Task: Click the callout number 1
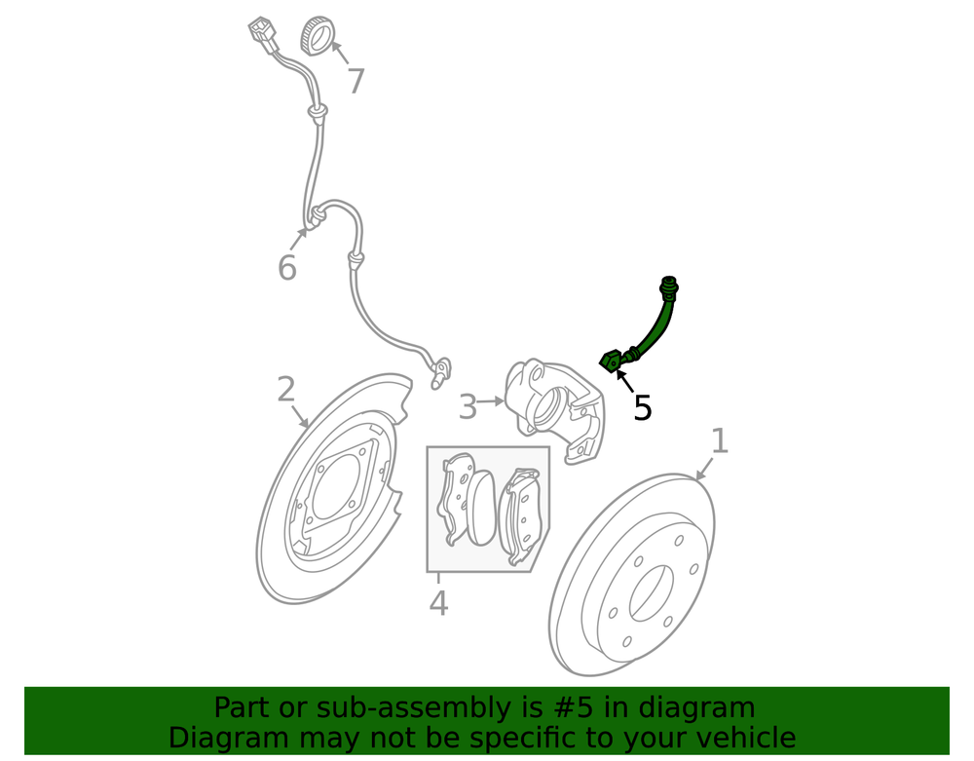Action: pyautogui.click(x=719, y=441)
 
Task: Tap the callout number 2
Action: pyautogui.click(x=285, y=390)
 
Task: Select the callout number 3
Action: pyautogui.click(x=468, y=407)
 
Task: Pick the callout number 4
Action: pyautogui.click(x=438, y=602)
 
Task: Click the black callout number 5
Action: pyautogui.click(x=642, y=408)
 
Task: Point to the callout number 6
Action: pyautogui.click(x=287, y=268)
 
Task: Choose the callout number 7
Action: pyautogui.click(x=356, y=82)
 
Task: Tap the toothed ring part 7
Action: pyautogui.click(x=317, y=37)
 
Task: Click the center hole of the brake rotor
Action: pyautogui.click(x=651, y=593)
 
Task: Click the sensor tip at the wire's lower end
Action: pyautogui.click(x=440, y=373)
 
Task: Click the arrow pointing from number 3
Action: pyautogui.click(x=491, y=401)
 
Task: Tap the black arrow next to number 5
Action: pyautogui.click(x=624, y=380)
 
